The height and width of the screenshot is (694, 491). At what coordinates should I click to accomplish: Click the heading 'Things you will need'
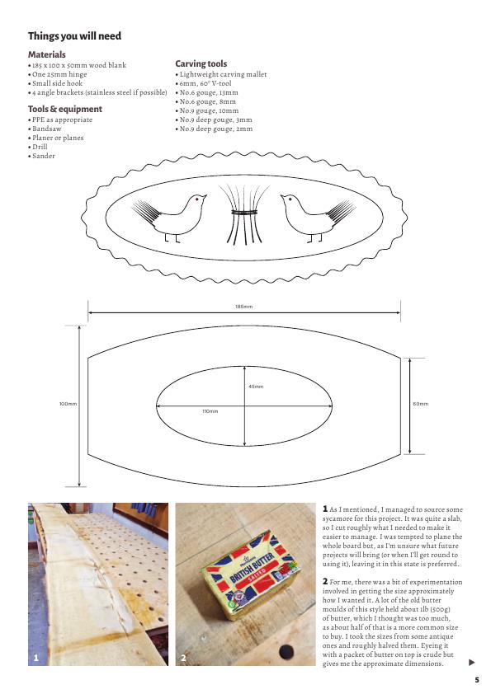click(74, 35)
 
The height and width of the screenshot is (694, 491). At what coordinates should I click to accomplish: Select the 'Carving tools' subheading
click(201, 63)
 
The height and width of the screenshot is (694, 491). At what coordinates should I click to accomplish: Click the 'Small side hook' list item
click(55, 83)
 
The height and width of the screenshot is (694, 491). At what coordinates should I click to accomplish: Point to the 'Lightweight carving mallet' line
click(221, 74)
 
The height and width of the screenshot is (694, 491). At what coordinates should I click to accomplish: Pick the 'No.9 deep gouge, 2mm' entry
click(214, 129)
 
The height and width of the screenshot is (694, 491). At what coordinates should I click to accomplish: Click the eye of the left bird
click(196, 199)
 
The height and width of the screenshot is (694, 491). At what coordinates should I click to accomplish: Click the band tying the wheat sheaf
click(244, 213)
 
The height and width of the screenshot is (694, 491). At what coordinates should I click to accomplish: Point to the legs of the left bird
click(172, 238)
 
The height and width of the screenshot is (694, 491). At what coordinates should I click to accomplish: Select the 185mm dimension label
click(244, 307)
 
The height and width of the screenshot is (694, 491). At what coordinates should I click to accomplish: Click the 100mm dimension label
click(68, 404)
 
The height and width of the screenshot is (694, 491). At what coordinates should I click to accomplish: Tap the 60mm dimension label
click(421, 404)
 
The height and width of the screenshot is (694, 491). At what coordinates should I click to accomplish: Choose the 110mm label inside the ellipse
click(210, 411)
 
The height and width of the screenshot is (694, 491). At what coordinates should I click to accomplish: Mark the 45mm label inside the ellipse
click(256, 387)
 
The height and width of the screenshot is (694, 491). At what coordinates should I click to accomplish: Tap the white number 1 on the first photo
click(36, 658)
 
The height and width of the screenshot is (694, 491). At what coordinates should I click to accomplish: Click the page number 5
click(477, 680)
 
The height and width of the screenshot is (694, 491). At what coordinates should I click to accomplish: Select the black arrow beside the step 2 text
click(471, 663)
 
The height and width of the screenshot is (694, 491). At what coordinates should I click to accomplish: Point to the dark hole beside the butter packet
click(286, 651)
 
